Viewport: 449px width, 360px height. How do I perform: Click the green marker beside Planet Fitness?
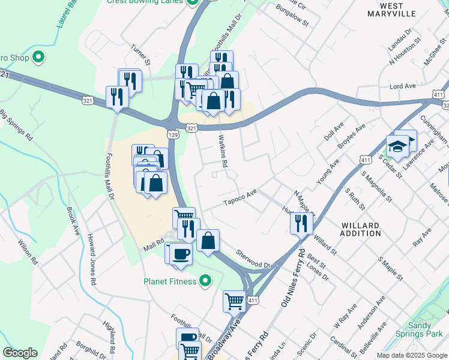point(205,281)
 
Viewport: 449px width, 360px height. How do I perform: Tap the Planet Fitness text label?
point(170,281)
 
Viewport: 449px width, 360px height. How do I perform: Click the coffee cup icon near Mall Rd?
point(180,253)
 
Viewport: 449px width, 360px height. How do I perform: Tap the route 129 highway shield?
point(173,135)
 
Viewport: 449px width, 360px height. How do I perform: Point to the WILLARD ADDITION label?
point(360,230)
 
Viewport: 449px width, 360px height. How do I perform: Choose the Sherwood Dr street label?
point(254,259)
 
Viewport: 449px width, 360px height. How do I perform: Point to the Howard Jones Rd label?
point(91,259)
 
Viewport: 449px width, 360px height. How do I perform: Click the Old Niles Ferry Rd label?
point(293,279)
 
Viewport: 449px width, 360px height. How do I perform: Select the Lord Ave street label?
point(403,86)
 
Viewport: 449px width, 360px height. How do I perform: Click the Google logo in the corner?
point(20,353)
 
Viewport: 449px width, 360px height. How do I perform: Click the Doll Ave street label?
point(333,133)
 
